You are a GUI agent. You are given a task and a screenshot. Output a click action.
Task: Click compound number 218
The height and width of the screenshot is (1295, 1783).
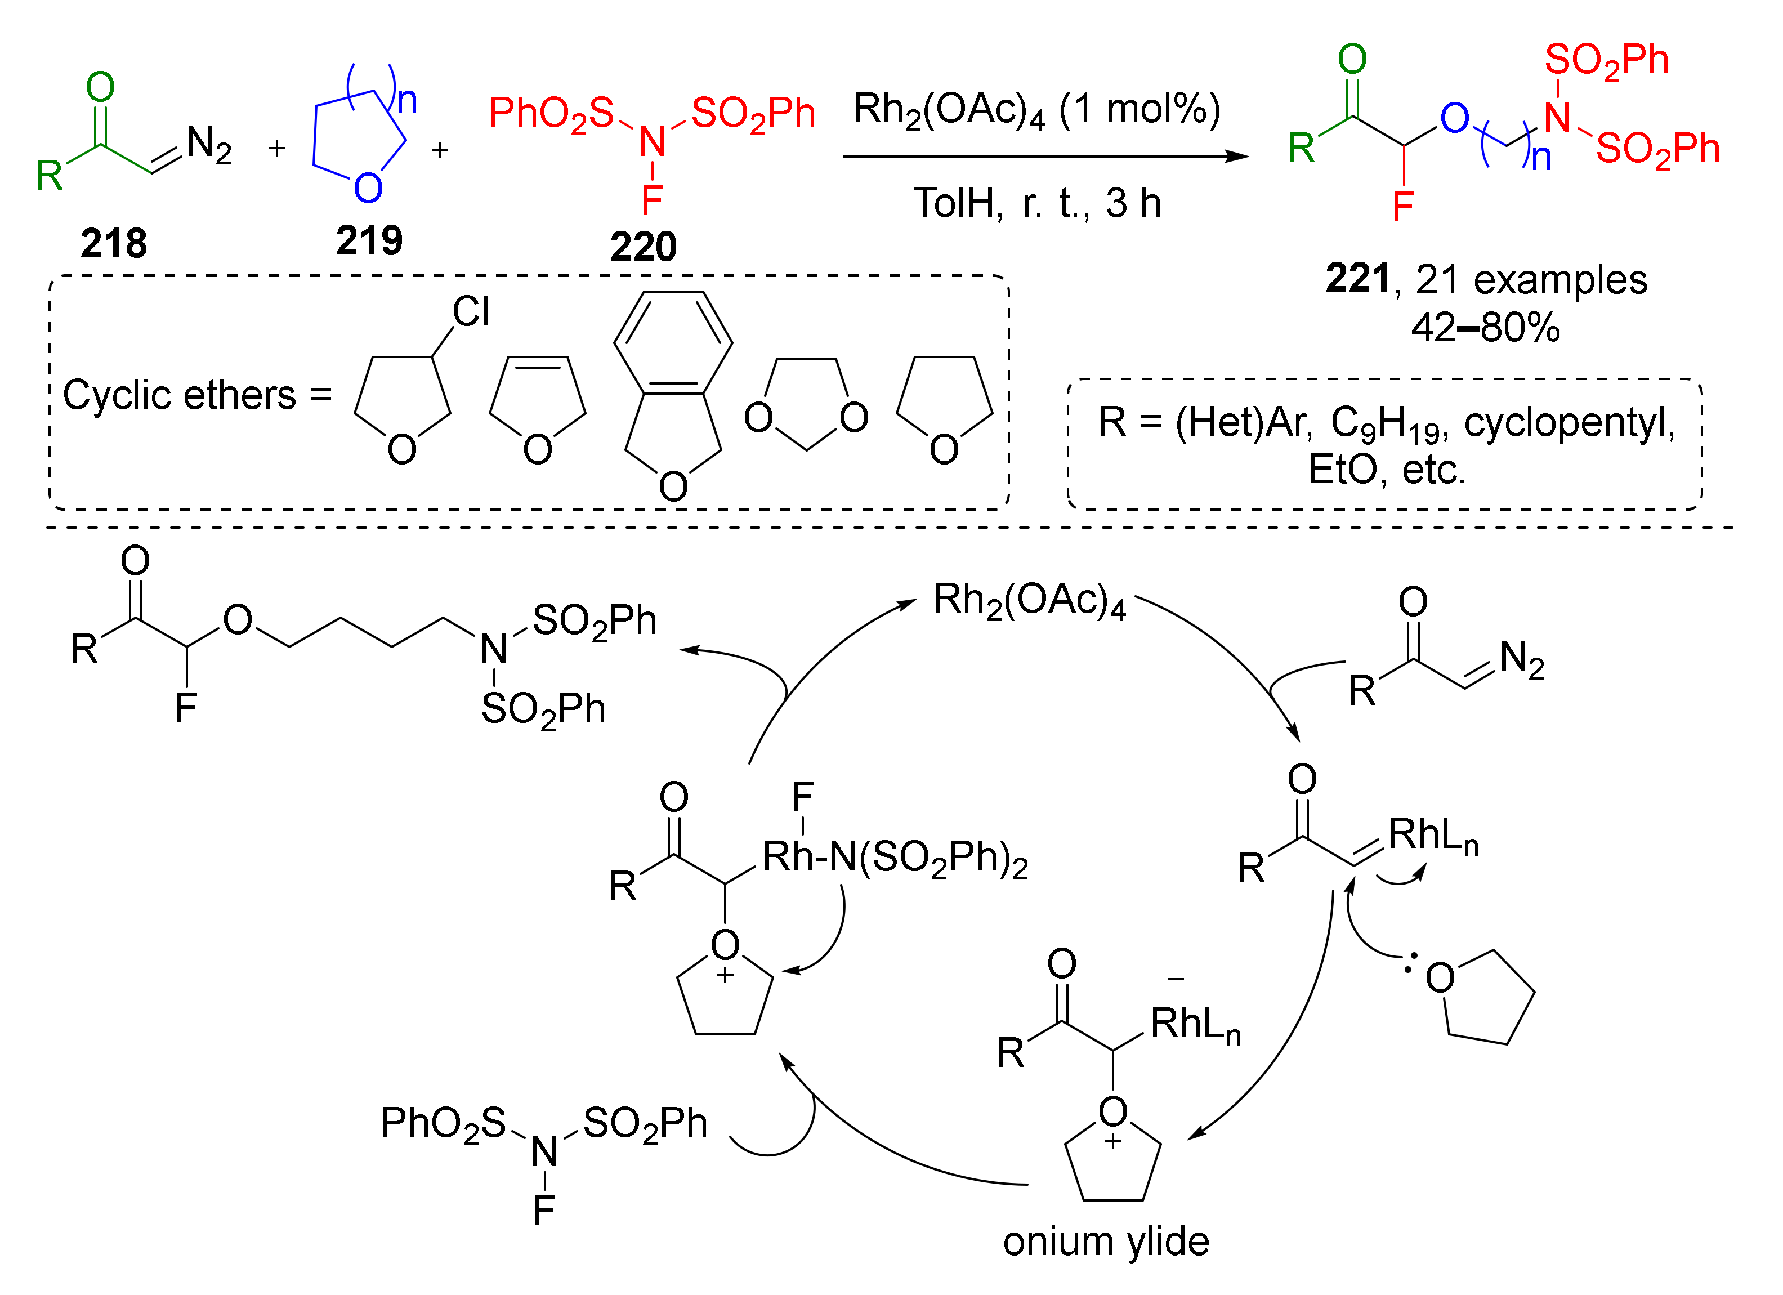[x=113, y=243]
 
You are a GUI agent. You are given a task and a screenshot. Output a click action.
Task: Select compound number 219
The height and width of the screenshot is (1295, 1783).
[x=369, y=240]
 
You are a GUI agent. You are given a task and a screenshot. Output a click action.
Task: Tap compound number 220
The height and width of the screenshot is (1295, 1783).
[x=643, y=247]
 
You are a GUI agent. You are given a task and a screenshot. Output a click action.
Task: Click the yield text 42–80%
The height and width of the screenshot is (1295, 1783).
[x=1485, y=327]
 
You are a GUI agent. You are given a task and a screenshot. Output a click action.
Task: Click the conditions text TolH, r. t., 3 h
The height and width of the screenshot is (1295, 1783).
[x=1036, y=203]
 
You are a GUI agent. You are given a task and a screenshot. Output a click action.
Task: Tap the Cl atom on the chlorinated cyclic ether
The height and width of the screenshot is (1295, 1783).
[x=471, y=311]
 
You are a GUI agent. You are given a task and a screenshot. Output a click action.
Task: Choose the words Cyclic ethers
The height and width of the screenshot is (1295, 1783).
[x=179, y=395]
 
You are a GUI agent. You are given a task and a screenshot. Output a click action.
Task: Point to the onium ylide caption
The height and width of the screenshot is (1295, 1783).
[x=1105, y=1241]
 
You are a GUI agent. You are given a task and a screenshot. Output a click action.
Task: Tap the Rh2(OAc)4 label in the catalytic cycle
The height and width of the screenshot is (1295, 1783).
[x=1029, y=601]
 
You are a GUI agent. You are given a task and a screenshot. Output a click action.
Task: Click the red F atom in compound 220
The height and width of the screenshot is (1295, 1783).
[x=652, y=200]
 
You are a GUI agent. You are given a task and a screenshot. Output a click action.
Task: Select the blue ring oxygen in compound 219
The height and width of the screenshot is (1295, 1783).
[x=368, y=188]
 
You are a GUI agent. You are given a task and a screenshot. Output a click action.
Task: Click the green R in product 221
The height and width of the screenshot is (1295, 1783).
[x=1301, y=148]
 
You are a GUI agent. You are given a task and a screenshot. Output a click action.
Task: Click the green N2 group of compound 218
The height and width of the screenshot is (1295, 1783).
[x=208, y=145]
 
